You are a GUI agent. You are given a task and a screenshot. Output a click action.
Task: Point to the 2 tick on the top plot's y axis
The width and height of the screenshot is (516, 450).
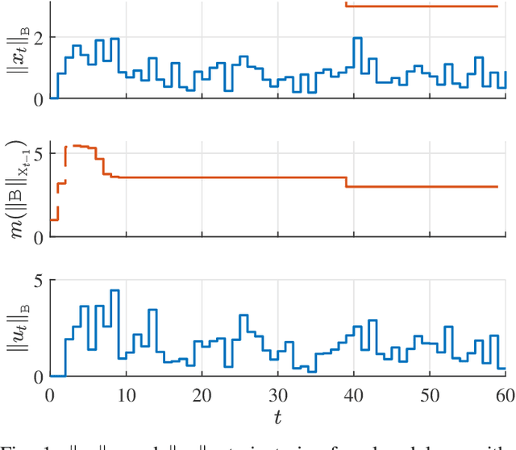pyautogui.click(x=37, y=38)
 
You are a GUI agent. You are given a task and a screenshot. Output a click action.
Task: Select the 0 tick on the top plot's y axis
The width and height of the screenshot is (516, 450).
pyautogui.click(x=37, y=98)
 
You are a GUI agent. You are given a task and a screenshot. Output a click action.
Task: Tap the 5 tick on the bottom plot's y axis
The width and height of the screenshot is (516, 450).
pyautogui.click(x=37, y=281)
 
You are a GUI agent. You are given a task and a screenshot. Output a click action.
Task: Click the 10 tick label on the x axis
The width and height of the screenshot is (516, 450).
pyautogui.click(x=126, y=395)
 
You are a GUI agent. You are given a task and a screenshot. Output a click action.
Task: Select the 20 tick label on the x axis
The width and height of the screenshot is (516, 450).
pyautogui.click(x=202, y=395)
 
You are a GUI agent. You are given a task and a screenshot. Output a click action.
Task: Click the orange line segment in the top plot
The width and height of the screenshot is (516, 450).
pyautogui.click(x=419, y=6)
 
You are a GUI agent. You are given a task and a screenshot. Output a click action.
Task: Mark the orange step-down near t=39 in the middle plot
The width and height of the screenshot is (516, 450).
pyautogui.click(x=347, y=182)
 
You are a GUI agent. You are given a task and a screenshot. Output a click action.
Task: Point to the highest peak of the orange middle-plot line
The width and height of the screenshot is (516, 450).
pyautogui.click(x=77, y=146)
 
